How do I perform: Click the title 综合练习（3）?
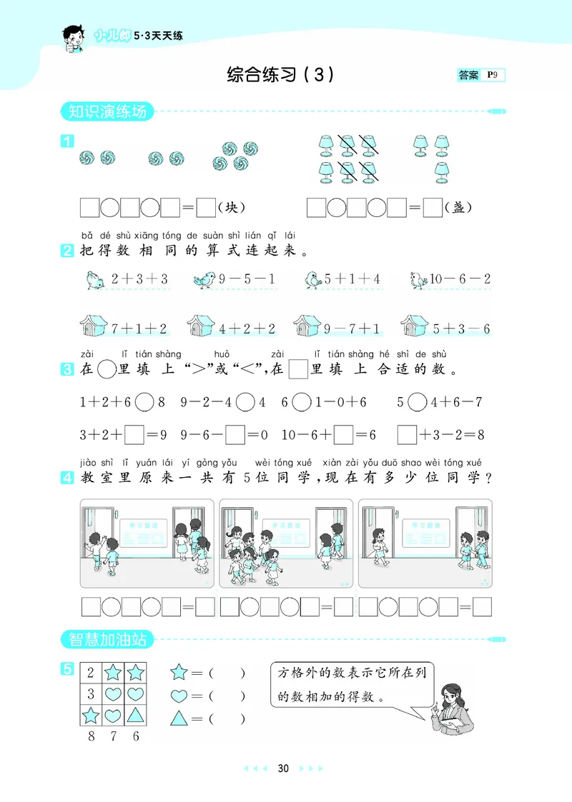point(280,74)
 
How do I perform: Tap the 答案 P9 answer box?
point(481,75)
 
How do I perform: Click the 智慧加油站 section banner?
point(107,639)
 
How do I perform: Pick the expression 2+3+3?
point(139,279)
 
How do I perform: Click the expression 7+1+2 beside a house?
point(139,329)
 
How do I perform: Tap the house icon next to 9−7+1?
point(307,327)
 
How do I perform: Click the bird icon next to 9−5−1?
point(204,279)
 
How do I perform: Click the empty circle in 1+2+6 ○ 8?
point(144,402)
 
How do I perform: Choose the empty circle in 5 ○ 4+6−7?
point(417,402)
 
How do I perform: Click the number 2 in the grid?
point(91,673)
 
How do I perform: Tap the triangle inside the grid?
point(136,714)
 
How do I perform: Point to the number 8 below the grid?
point(91,736)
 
